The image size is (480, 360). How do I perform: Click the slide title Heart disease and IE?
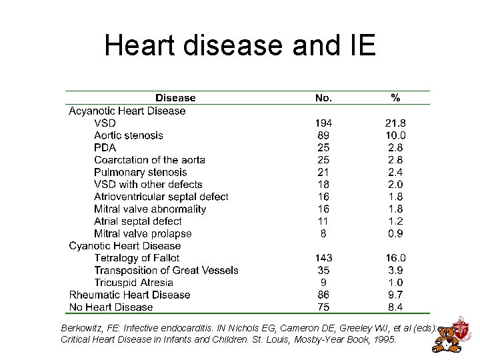[240, 45]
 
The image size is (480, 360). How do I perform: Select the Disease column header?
[175, 98]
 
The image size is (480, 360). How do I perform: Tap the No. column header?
[323, 98]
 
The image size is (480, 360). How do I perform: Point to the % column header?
[395, 98]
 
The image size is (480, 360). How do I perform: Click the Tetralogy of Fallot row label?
[137, 258]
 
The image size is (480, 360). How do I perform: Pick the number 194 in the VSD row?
[323, 123]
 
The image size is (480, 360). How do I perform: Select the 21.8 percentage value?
[395, 123]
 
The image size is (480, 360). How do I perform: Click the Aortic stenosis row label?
[129, 135]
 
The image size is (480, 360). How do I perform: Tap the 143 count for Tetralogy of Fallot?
[323, 258]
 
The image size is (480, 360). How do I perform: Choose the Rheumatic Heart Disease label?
[129, 295]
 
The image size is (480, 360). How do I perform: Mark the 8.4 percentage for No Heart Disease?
[395, 307]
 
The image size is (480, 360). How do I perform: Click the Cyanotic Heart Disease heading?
[125, 245]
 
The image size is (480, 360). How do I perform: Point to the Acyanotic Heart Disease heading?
[127, 111]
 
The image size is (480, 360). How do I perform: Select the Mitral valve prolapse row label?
[143, 233]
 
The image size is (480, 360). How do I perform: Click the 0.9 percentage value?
[395, 233]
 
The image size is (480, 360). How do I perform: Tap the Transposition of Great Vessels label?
[166, 270]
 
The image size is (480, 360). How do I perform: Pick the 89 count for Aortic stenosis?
[323, 135]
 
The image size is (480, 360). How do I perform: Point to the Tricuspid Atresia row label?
[133, 283]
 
